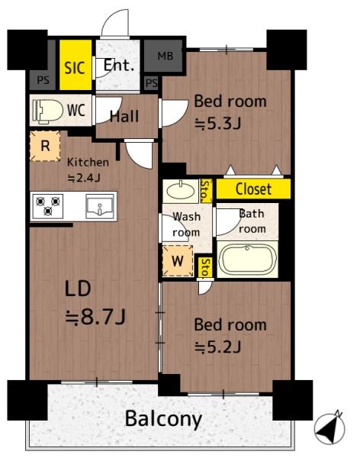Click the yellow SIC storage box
pos(76,65)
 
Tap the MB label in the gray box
pos(166,56)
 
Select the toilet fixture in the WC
pos(47,111)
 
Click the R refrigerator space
pos(45,146)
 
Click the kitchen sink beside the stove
pos(100,206)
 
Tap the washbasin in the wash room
pos(181,191)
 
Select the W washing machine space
pos(178,260)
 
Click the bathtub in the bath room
pos(247,259)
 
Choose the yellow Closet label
pos(253,189)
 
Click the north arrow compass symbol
pos(329,428)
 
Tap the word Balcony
pos(163,419)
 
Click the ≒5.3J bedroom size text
pos(218,124)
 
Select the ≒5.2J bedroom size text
pos(218,347)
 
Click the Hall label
pos(124,116)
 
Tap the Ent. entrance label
pos(119,66)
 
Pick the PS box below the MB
pos(151,83)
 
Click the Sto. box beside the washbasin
pos(206,191)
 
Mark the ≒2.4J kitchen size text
pos(84,177)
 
